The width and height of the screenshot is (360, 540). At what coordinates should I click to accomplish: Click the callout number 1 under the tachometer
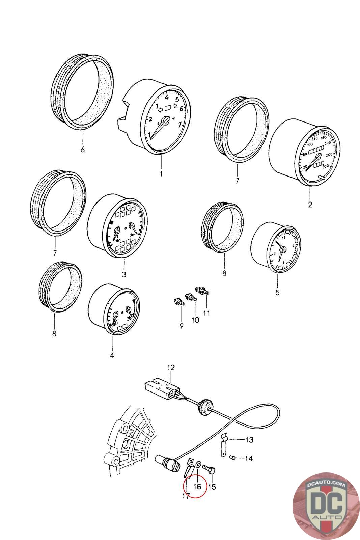tap(161, 174)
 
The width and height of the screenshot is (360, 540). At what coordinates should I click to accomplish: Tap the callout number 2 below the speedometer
tap(310, 205)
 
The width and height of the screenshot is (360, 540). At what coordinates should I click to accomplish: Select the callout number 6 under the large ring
tap(83, 149)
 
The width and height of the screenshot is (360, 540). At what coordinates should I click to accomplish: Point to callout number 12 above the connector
tap(171, 367)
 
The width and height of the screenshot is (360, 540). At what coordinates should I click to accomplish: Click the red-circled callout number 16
tap(198, 486)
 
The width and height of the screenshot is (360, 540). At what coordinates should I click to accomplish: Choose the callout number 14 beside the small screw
tap(249, 458)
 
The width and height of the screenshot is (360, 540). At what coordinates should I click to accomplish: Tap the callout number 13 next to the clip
tap(249, 440)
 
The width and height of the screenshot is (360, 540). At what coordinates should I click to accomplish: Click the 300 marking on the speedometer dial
tap(326, 166)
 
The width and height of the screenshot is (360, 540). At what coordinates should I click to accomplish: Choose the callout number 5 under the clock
tap(277, 292)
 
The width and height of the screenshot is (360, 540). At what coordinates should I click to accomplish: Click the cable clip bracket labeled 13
tap(224, 445)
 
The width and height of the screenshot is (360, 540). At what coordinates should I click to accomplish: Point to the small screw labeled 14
tap(232, 458)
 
